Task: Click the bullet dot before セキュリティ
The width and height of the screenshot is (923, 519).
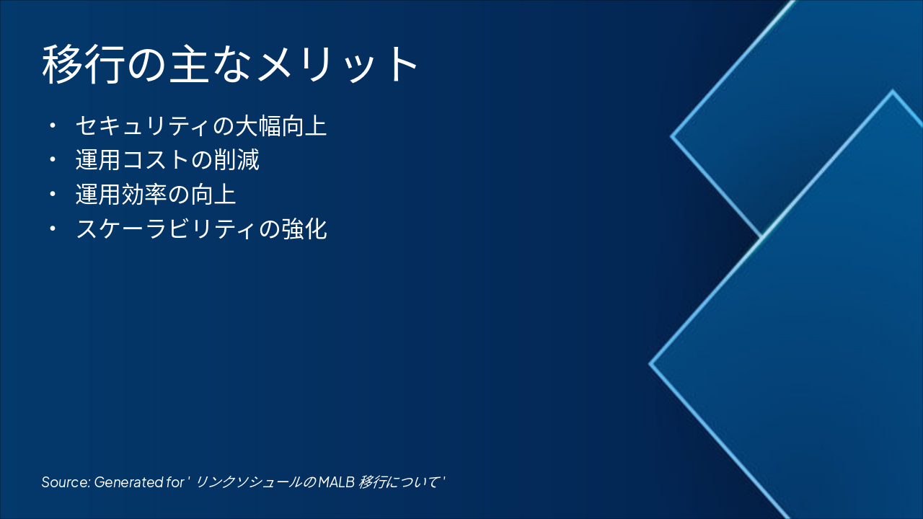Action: tap(52, 126)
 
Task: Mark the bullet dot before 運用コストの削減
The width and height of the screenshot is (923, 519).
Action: tap(52, 160)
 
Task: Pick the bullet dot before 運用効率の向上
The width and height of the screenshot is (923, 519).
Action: tap(52, 195)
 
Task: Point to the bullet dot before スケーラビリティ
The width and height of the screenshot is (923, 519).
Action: tap(52, 229)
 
